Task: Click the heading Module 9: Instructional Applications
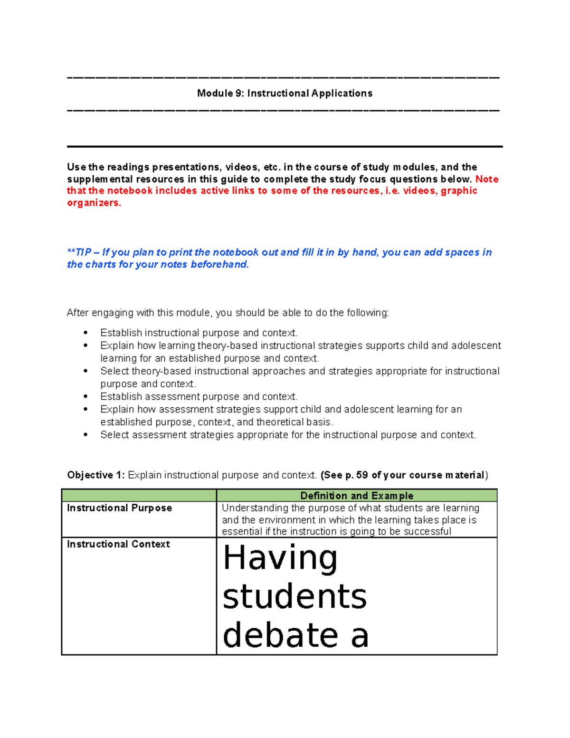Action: tap(285, 93)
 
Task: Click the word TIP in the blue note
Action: tap(84, 252)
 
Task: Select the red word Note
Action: tap(487, 179)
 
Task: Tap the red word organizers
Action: tap(94, 203)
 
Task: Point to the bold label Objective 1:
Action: tap(96, 475)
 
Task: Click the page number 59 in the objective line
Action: tap(362, 475)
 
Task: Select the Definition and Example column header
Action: tap(357, 496)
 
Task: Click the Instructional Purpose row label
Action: tap(119, 508)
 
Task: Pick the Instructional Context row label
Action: tap(118, 544)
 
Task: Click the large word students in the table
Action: tap(294, 597)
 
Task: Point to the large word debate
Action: tap(280, 635)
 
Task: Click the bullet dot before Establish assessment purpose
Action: tap(85, 396)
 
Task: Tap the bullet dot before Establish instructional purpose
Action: tap(85, 333)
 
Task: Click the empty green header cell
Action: tap(139, 496)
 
